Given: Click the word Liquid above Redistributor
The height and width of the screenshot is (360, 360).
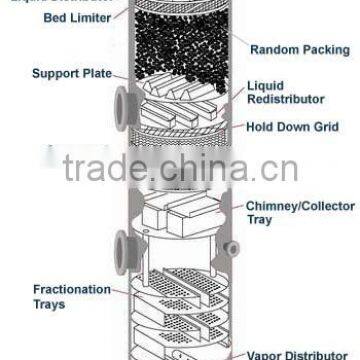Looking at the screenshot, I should point(265,87).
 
